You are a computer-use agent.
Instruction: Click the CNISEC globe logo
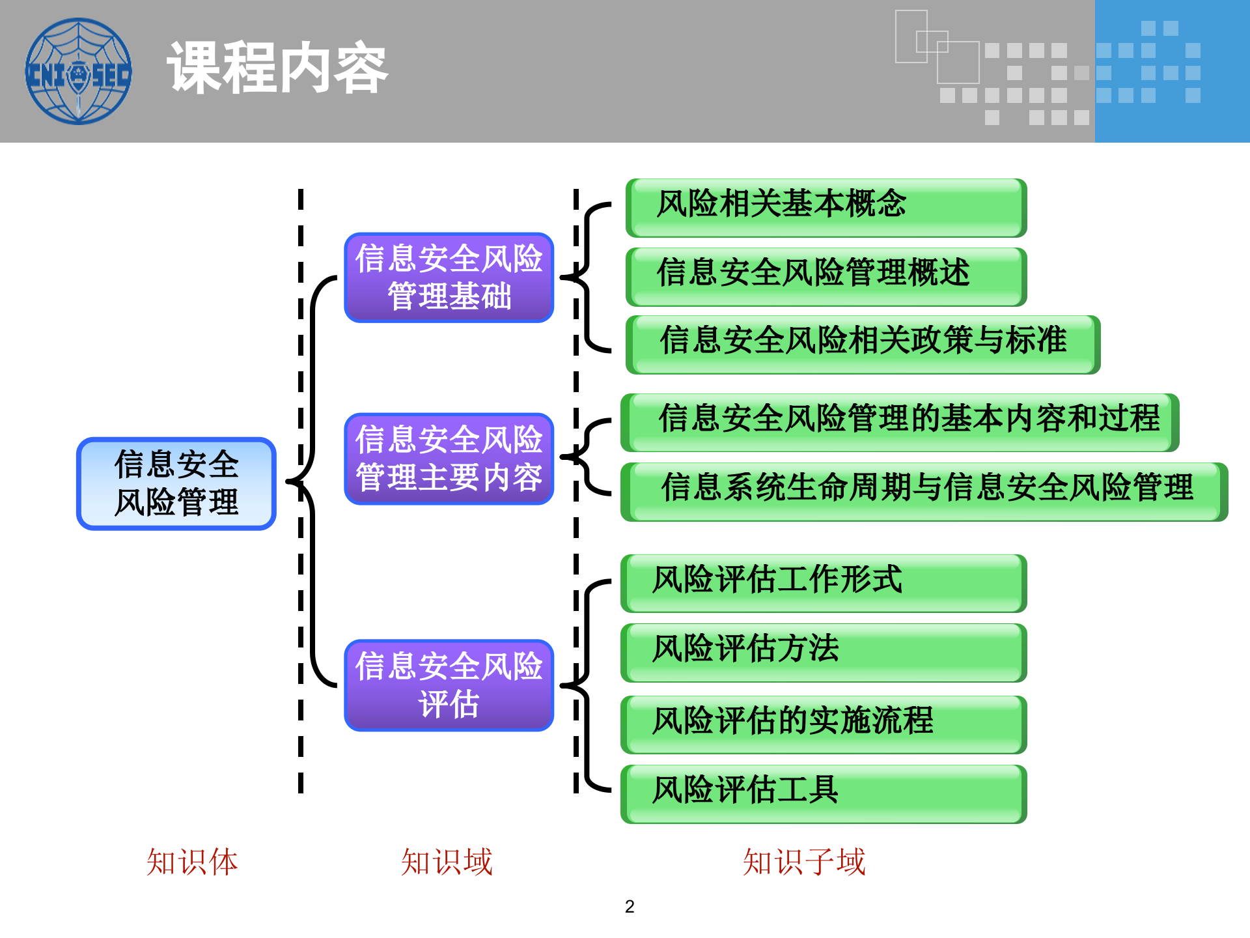pyautogui.click(x=78, y=71)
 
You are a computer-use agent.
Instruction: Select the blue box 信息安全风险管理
pyautogui.click(x=176, y=483)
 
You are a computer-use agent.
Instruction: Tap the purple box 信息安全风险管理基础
pyautogui.click(x=449, y=277)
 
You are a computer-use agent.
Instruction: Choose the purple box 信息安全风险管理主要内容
pyautogui.click(x=449, y=459)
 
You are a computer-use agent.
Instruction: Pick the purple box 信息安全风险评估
pyautogui.click(x=449, y=685)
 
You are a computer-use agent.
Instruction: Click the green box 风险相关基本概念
pyautogui.click(x=826, y=207)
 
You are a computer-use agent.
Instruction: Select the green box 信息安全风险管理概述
pyautogui.click(x=826, y=276)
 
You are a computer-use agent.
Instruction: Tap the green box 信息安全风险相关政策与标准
pyautogui.click(x=863, y=344)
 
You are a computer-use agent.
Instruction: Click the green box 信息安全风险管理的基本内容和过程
pyautogui.click(x=900, y=422)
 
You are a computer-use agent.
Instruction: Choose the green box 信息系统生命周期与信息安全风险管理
pyautogui.click(x=924, y=491)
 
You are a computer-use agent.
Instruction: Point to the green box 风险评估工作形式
pyautogui.click(x=824, y=583)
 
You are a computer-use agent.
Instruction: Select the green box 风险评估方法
pyautogui.click(x=824, y=652)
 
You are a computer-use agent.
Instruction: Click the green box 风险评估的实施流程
pyautogui.click(x=824, y=724)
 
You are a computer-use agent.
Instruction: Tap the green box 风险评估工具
pyautogui.click(x=824, y=793)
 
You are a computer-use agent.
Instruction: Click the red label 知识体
pyautogui.click(x=192, y=862)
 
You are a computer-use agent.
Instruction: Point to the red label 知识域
pyautogui.click(x=447, y=862)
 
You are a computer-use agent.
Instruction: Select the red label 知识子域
pyautogui.click(x=804, y=862)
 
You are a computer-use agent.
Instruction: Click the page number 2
pyautogui.click(x=630, y=907)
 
